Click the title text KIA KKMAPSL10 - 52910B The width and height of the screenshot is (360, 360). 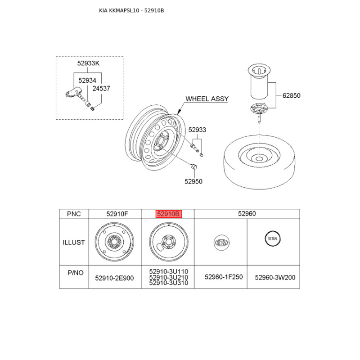pos(131,10)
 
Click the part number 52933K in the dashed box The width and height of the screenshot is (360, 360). pos(88,64)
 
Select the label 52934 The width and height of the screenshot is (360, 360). pos(87,81)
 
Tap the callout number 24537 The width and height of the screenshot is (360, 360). pos(101,89)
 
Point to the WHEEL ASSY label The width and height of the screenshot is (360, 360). pos(207,99)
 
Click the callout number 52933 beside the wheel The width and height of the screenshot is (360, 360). pos(197,130)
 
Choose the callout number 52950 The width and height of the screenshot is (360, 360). pos(193,181)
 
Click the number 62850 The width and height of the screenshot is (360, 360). pos(291,95)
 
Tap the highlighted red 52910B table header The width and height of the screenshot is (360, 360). pos(168,214)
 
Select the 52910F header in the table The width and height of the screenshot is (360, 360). pos(114,214)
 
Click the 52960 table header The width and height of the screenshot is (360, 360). pos(247,214)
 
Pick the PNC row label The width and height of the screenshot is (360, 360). pos(74,214)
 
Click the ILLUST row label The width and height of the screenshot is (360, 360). pos(74,243)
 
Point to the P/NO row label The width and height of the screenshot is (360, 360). pos(74,273)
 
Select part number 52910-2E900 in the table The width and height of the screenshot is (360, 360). pos(114,278)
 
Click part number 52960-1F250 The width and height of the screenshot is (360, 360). pos(224,277)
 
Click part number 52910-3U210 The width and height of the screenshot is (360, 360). pos(168,278)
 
